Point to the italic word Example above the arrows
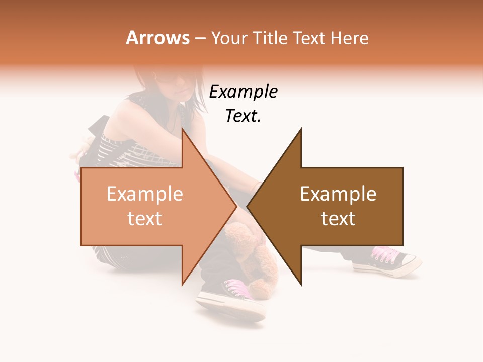point(243,92)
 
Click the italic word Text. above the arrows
point(243,116)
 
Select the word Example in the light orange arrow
point(145,194)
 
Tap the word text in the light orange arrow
point(145,219)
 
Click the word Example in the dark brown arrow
point(338,194)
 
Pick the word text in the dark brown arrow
point(338,219)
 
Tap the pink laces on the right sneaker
point(385,254)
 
